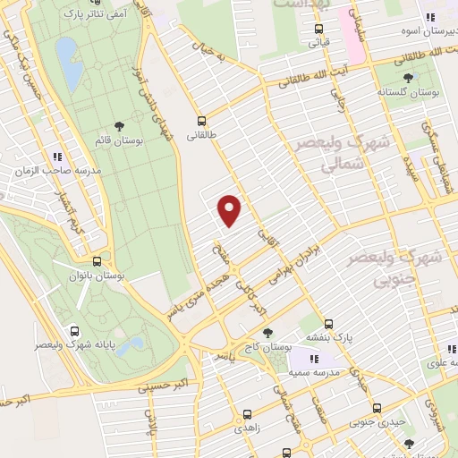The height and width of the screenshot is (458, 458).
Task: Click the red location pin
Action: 230,209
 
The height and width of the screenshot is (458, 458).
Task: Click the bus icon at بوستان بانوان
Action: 97,261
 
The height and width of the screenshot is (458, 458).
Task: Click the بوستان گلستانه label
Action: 405,92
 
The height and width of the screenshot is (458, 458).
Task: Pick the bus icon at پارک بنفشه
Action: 328,324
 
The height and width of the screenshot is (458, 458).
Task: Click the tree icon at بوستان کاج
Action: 268,332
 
